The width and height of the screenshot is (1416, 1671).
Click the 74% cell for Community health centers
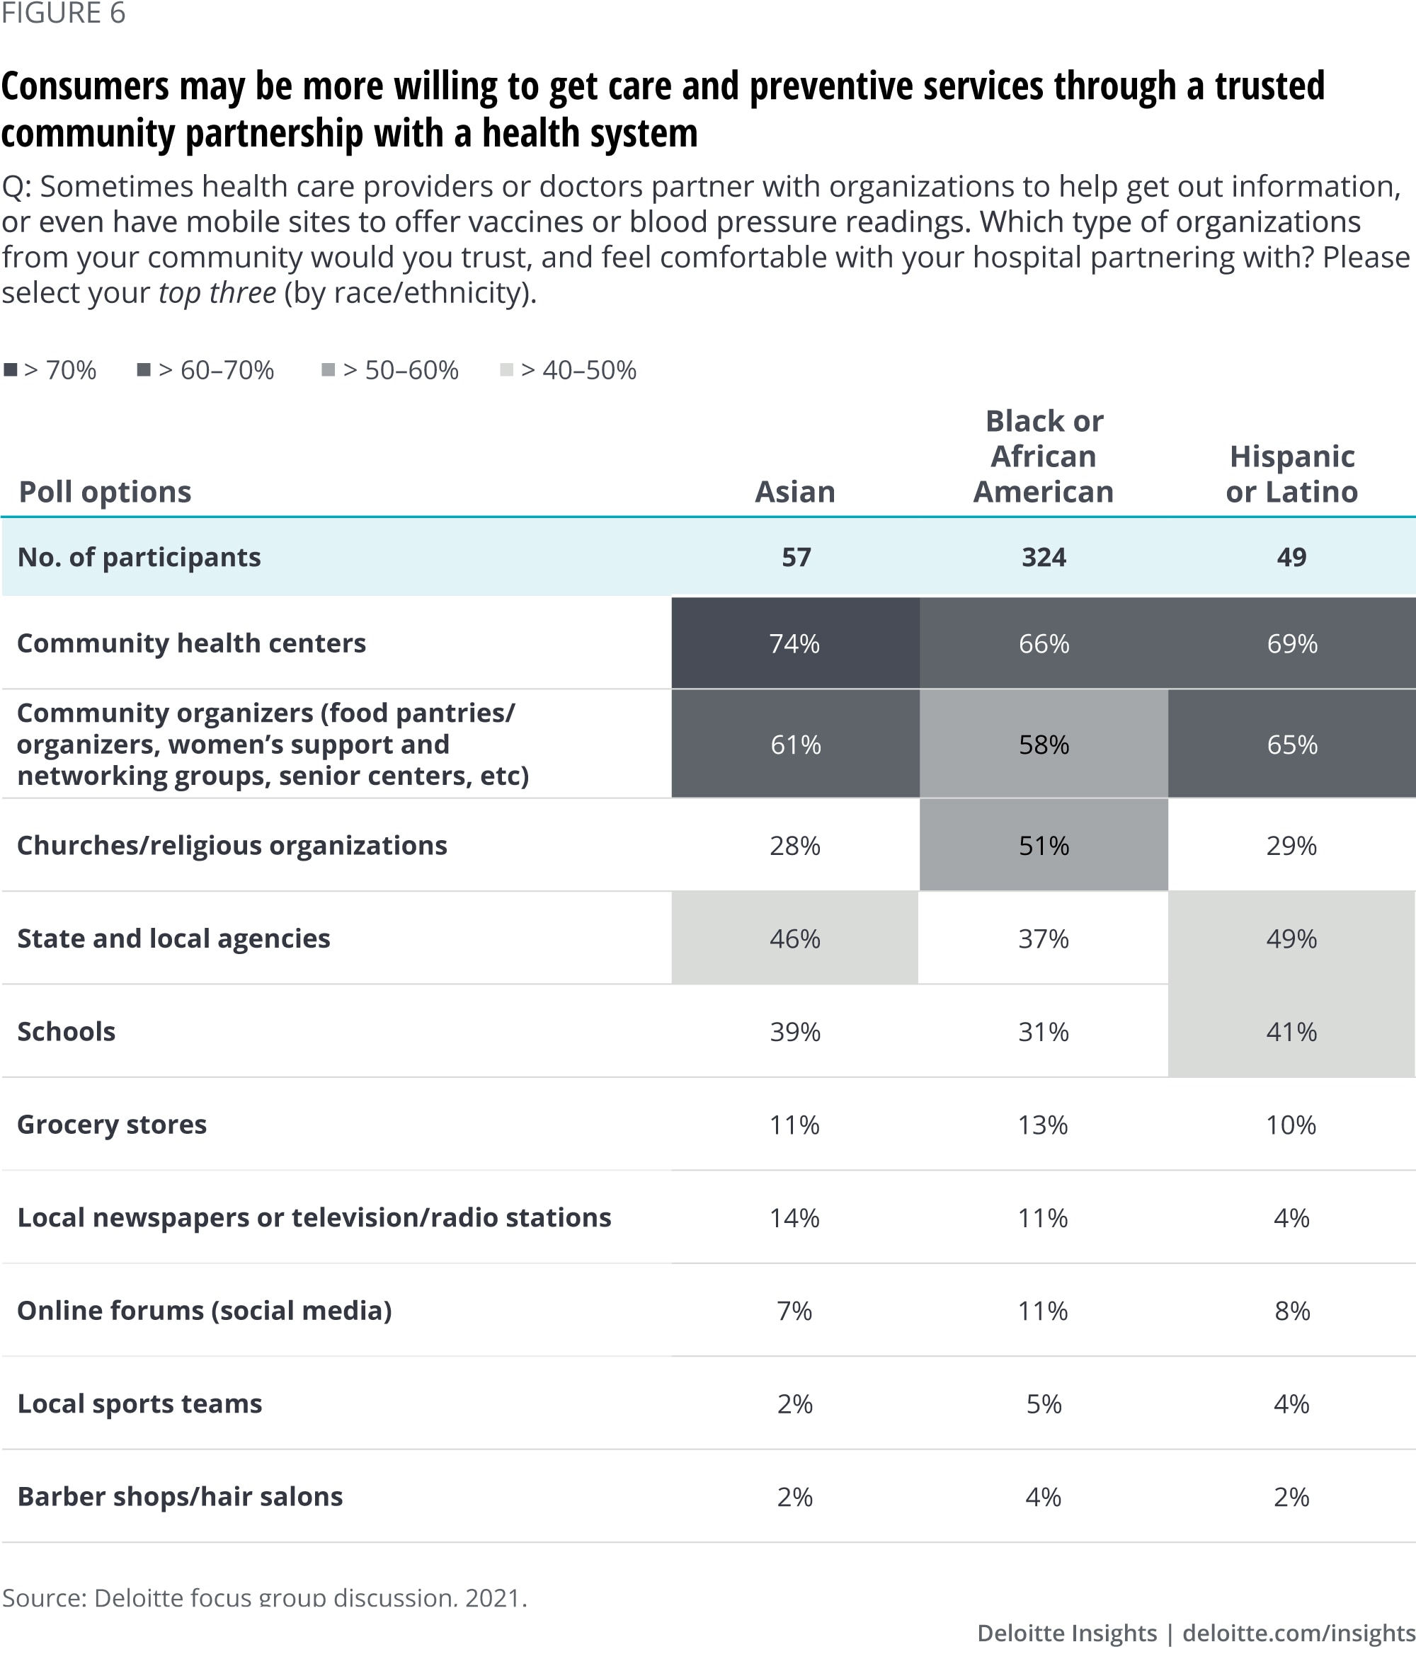click(794, 643)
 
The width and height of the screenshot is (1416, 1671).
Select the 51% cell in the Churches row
click(1044, 846)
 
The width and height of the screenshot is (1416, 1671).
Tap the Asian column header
click(794, 491)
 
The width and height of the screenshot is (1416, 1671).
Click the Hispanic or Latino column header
click(1291, 473)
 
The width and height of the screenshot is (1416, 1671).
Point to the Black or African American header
click(1044, 456)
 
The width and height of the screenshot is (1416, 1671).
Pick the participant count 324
click(1044, 557)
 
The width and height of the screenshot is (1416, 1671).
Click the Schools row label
click(67, 1031)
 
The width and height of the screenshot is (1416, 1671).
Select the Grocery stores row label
click(112, 1125)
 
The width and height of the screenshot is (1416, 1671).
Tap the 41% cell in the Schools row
click(1291, 1031)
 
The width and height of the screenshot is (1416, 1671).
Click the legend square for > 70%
click(11, 370)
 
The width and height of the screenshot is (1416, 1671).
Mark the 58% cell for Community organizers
click(1044, 745)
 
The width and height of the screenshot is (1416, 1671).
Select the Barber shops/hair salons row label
click(180, 1497)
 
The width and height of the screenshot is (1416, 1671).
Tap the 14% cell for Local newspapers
click(794, 1217)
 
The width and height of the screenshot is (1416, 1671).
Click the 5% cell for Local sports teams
click(1044, 1403)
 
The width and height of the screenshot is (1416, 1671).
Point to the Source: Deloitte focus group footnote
click(264, 1597)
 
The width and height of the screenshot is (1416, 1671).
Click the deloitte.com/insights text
click(1298, 1633)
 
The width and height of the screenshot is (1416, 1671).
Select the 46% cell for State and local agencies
click(794, 938)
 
